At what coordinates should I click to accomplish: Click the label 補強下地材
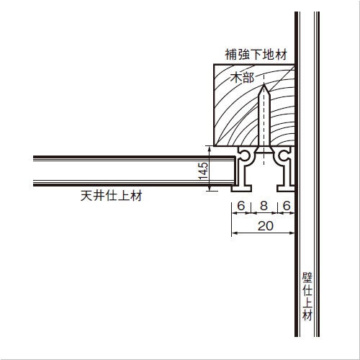pyautogui.click(x=256, y=55)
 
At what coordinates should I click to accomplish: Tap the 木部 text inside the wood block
pyautogui.click(x=242, y=78)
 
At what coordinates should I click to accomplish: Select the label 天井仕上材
pyautogui.click(x=111, y=196)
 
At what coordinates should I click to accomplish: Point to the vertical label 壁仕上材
pyautogui.click(x=307, y=297)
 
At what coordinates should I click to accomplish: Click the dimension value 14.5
pyautogui.click(x=203, y=171)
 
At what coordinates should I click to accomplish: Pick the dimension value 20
pyautogui.click(x=266, y=226)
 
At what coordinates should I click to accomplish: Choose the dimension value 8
pyautogui.click(x=264, y=206)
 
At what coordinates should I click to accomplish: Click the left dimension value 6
pyautogui.click(x=241, y=206)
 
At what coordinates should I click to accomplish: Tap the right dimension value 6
pyautogui.click(x=287, y=206)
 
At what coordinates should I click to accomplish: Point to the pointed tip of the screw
pyautogui.click(x=264, y=84)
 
